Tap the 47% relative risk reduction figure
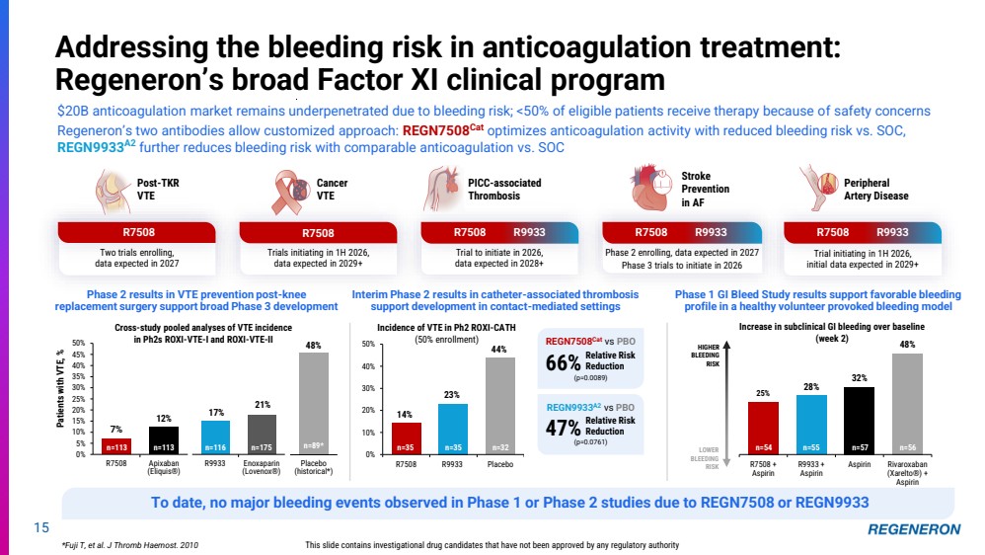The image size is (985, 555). (561, 427)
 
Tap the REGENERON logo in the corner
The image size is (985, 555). (914, 529)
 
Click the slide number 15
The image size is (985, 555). (40, 529)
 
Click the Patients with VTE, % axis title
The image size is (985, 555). (62, 399)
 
